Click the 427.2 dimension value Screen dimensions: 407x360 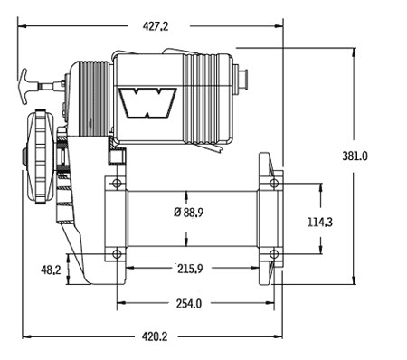[x=156, y=26]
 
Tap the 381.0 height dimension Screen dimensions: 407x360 [x=355, y=156]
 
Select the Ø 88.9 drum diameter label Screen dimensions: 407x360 [x=189, y=213]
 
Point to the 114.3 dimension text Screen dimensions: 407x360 [x=320, y=223]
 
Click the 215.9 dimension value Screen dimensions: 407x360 [x=190, y=269]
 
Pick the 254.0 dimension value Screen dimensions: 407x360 [x=189, y=304]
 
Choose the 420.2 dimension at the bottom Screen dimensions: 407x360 [x=155, y=336]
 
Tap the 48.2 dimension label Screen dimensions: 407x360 [x=51, y=270]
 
